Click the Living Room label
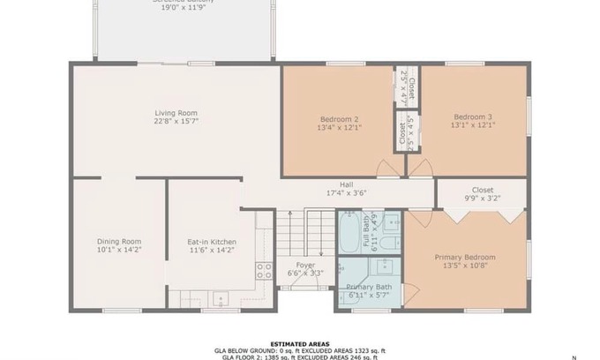(x=176, y=113)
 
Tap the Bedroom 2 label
(x=339, y=118)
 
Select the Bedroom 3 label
(x=473, y=116)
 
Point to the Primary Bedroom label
(x=464, y=258)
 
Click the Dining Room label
(x=119, y=242)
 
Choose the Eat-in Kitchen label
(x=212, y=242)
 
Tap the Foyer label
(x=305, y=264)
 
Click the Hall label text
(x=334, y=184)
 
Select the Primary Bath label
(x=369, y=287)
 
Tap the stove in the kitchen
(x=263, y=270)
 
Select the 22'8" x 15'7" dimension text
(x=176, y=122)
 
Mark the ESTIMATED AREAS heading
(x=299, y=343)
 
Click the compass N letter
(x=574, y=356)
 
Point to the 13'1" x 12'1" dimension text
(x=473, y=125)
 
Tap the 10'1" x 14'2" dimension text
(x=119, y=251)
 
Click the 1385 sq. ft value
(x=275, y=356)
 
